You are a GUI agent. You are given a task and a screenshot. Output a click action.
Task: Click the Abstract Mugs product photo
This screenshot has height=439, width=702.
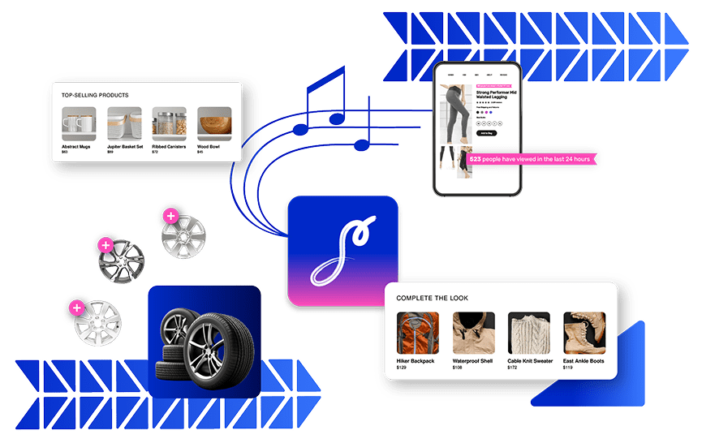(79, 124)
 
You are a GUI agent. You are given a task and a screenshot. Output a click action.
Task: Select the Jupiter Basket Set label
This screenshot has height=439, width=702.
(125, 147)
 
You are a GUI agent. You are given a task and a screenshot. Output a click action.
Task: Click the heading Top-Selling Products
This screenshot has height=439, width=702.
(95, 95)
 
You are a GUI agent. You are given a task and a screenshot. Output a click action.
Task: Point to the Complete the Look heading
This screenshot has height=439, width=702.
(432, 298)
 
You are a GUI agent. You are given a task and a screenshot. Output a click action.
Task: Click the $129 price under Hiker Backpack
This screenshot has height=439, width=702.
(401, 368)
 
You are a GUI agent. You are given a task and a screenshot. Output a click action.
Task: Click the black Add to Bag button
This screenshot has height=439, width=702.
(486, 132)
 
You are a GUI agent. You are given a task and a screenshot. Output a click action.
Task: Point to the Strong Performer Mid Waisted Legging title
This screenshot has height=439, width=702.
(497, 96)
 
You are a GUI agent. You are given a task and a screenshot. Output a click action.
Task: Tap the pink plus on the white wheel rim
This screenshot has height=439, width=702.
(76, 308)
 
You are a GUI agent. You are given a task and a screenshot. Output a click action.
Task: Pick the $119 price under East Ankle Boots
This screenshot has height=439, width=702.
(568, 368)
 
